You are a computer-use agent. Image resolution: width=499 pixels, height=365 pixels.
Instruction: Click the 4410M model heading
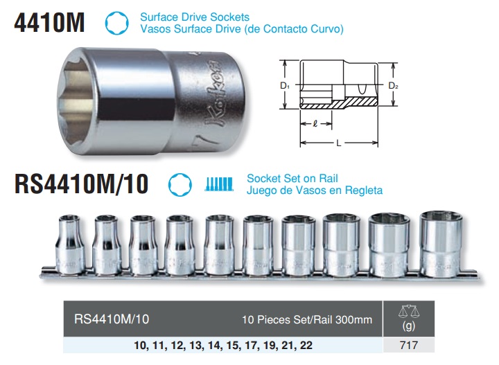(x=49, y=23)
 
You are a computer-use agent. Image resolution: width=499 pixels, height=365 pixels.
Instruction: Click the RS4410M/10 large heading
(x=82, y=184)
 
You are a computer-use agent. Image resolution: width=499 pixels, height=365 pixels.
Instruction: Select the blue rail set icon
(x=219, y=184)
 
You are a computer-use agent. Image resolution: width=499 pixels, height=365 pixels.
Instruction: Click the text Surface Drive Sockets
(x=195, y=17)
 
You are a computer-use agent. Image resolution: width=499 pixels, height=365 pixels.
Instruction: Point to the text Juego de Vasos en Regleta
(x=315, y=190)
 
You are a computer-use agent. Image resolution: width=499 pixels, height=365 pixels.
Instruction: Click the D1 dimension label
(x=285, y=85)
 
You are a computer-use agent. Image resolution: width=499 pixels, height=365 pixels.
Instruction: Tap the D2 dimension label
(x=394, y=85)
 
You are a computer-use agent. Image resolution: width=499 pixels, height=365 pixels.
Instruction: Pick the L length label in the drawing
(x=339, y=143)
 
